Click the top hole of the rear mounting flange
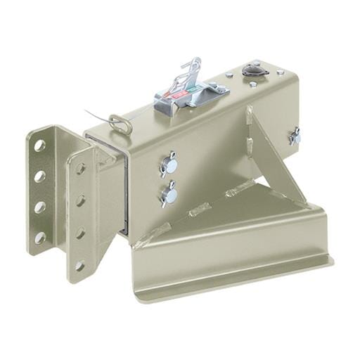click(40, 146)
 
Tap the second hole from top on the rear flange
click(40, 176)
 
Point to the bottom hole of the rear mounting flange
click(40, 238)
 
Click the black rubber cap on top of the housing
click(251, 70)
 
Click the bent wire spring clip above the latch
click(189, 70)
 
